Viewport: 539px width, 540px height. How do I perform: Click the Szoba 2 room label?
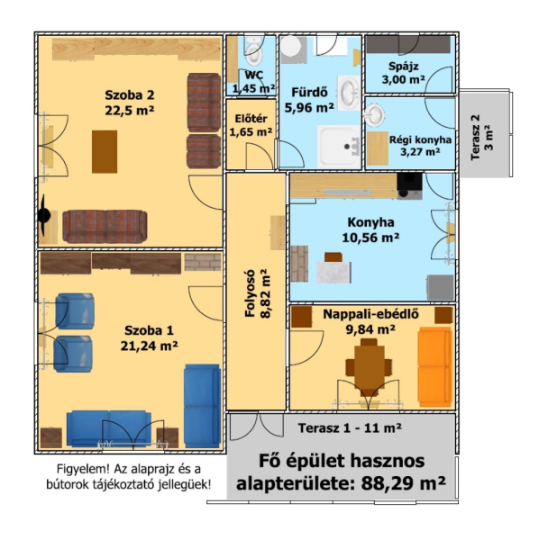click(129, 95)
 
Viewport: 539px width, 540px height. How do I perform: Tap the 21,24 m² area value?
click(149, 346)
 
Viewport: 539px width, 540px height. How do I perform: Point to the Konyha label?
click(370, 222)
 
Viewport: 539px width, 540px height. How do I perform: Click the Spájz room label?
click(403, 66)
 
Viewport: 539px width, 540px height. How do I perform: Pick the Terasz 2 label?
click(476, 137)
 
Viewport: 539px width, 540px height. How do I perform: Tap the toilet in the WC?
click(254, 54)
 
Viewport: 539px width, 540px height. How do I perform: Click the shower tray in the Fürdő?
click(338, 147)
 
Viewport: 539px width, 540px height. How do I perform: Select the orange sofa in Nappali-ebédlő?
click(435, 367)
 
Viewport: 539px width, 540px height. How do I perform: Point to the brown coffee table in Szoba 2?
click(105, 151)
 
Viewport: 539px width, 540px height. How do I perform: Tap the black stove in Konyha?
click(410, 186)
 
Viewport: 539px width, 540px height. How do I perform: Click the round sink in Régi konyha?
click(375, 114)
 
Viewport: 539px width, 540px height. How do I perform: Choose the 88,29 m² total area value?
click(403, 482)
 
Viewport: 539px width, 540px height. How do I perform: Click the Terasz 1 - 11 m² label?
click(350, 428)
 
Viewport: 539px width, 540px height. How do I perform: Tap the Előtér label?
click(251, 119)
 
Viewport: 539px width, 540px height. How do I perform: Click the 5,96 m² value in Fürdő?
click(309, 108)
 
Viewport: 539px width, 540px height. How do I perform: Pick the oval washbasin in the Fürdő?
click(349, 94)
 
